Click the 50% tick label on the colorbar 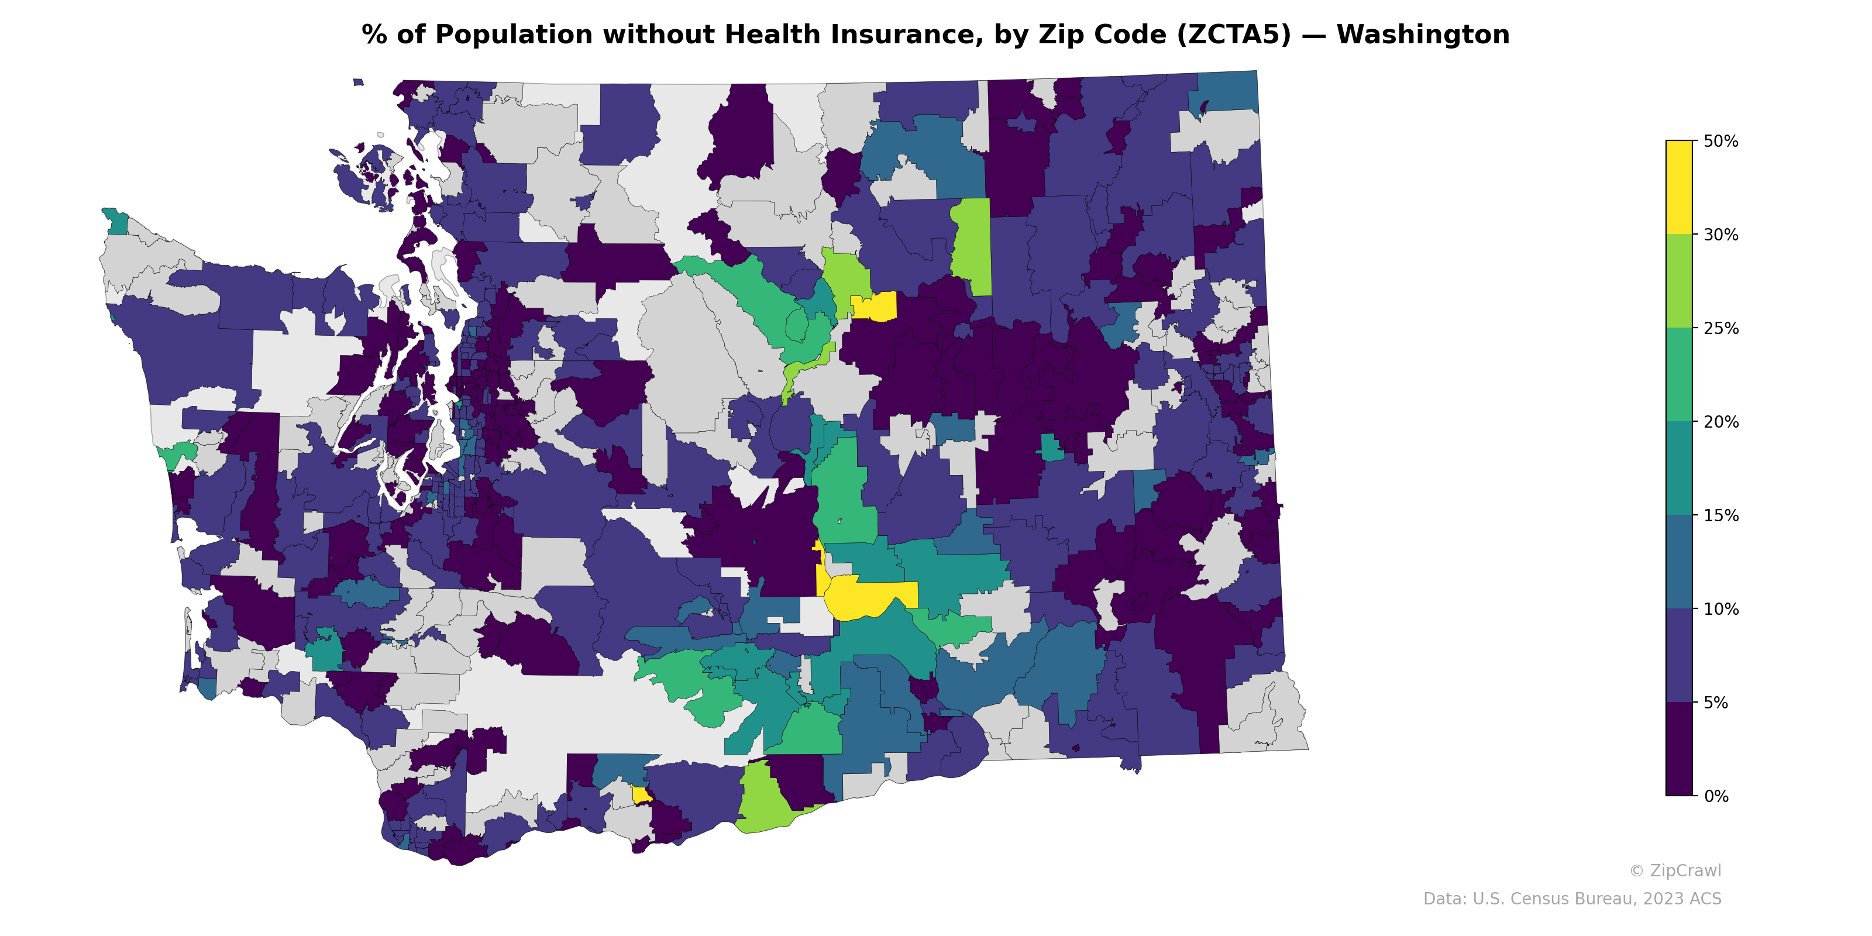1720,142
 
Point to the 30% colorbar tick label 1720,235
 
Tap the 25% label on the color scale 1720,328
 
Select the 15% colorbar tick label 1720,516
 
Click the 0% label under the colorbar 1716,796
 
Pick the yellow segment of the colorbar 1679,187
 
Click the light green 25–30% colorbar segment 1679,281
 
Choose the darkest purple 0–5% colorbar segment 1679,749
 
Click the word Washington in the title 1422,35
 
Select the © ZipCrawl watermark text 1675,870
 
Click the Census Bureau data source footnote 1572,899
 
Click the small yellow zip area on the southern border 641,795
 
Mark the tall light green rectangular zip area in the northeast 972,247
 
